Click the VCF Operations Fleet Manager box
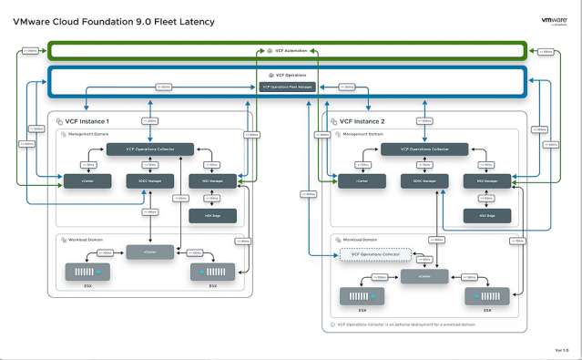click(287, 87)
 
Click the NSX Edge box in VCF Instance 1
click(211, 215)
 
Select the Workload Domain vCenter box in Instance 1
click(148, 252)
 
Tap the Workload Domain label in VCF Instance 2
click(362, 240)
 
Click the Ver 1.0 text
click(561, 349)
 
